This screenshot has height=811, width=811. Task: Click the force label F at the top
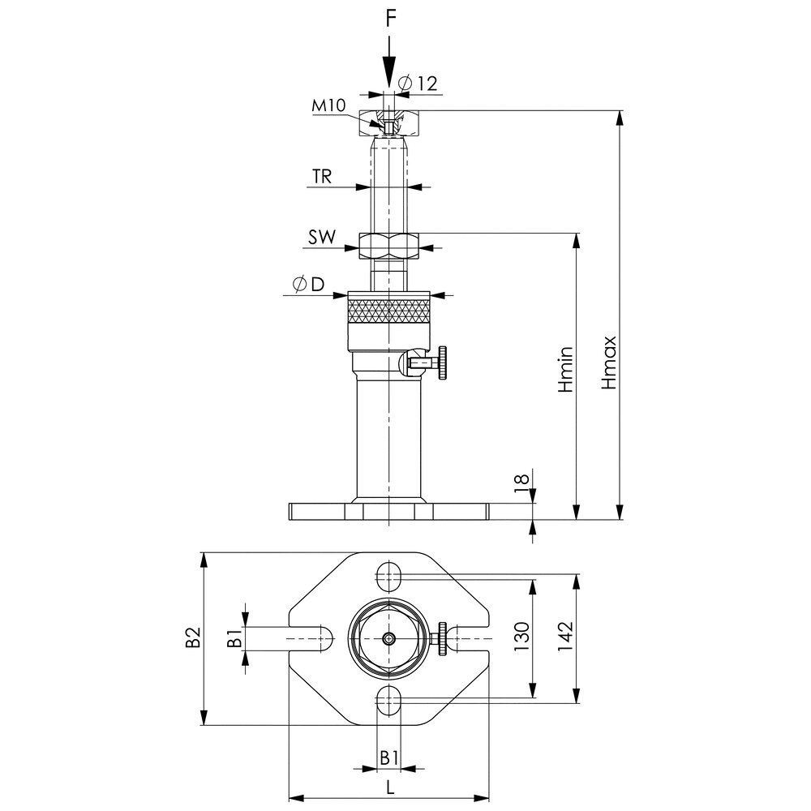pos(391,19)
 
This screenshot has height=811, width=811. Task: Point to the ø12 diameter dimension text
pos(418,84)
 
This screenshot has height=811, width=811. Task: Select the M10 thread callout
pos(328,105)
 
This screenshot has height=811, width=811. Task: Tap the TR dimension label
pos(321,177)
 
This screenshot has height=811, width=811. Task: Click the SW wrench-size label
pos(322,238)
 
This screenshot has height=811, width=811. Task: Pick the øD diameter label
pos(309,285)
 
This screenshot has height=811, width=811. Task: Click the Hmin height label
pos(566,369)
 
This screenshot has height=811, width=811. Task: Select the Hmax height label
pos(609,362)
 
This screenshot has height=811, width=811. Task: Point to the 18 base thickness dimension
pos(523,479)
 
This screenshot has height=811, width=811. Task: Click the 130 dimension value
pos(522,637)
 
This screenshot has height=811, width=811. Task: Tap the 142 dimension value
pos(565,637)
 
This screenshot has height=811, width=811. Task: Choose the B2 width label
pos(193,637)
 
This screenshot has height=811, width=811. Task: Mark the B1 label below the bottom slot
pos(389,758)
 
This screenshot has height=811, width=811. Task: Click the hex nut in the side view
pos(388,247)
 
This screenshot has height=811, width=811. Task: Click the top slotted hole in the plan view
pos(389,576)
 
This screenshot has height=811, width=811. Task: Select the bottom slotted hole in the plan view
pos(389,701)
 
